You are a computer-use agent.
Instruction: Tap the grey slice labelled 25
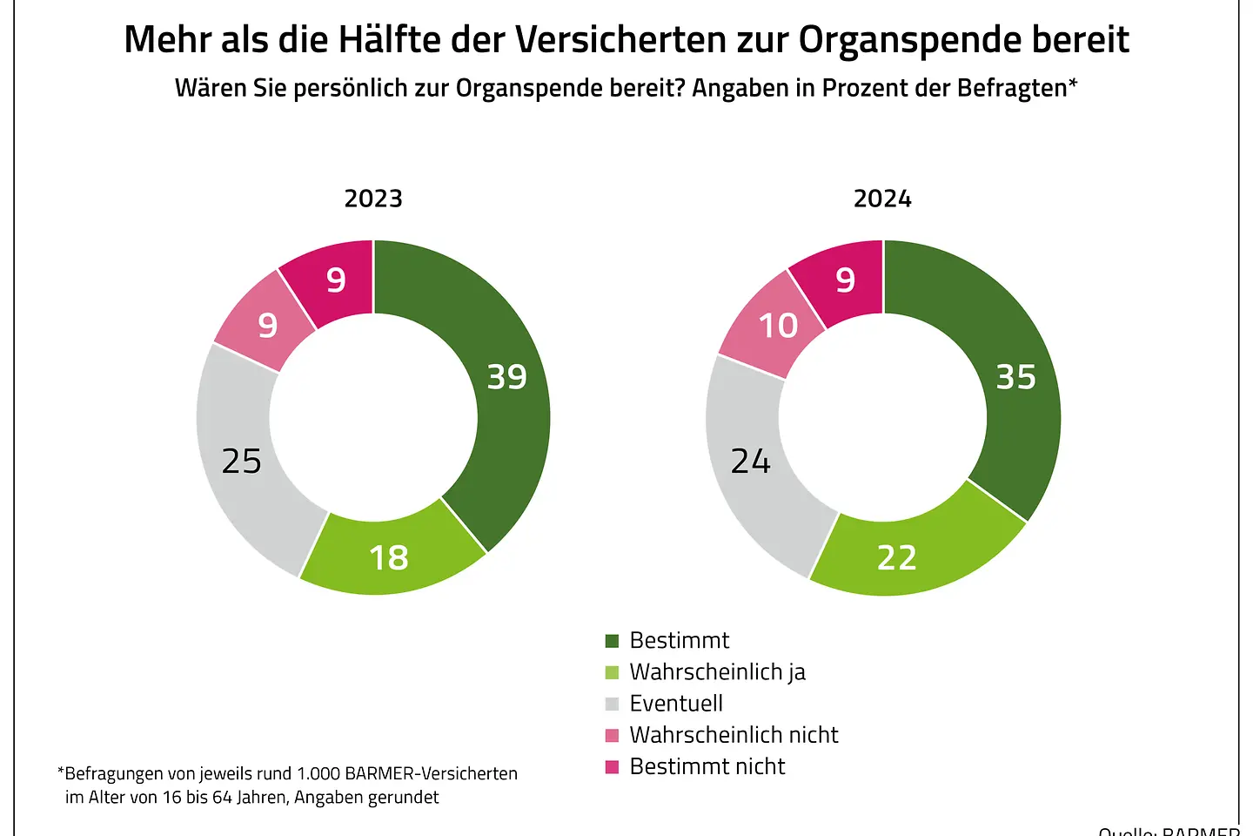239,462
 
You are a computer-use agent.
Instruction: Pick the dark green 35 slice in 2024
1018,383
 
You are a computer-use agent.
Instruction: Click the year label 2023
373,199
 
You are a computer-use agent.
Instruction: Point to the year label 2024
882,199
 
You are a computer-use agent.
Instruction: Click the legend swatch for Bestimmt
612,641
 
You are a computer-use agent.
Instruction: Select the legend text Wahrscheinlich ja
717,672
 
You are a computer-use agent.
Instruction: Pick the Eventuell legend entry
675,704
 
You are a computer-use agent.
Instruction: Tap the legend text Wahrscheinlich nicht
734,735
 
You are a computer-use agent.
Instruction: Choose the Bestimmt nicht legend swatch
612,766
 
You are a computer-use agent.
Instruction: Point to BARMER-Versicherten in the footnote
431,773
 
